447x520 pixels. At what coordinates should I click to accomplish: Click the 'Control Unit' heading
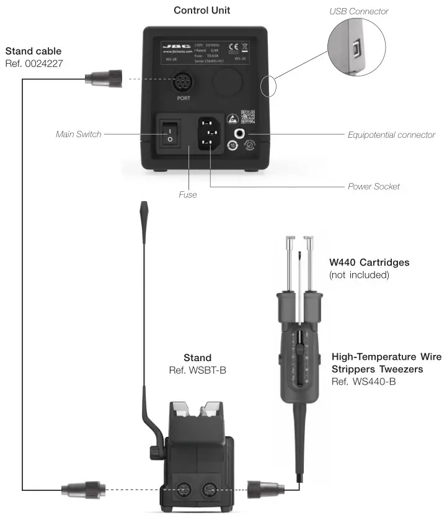[202, 11]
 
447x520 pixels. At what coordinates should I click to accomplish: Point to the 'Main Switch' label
[78, 133]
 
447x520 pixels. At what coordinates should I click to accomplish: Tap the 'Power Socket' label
[373, 186]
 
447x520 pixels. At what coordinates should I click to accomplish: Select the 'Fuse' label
[187, 194]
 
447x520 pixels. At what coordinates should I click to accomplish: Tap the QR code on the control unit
[248, 117]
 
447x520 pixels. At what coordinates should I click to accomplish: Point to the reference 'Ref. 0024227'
[33, 63]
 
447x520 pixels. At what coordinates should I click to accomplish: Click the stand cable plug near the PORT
[100, 78]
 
